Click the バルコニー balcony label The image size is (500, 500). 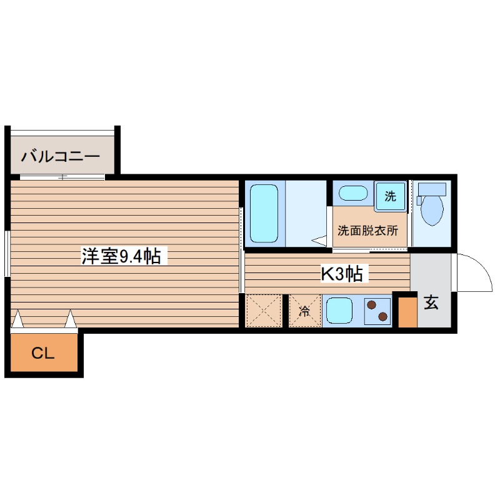coord(60,156)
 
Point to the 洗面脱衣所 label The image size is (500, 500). coord(367,230)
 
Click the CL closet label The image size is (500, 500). coord(43,354)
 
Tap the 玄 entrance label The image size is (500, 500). coord(431,303)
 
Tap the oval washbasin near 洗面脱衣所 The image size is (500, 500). coord(354,193)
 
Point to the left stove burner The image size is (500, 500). coord(372,306)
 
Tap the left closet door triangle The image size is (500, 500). coord(17,319)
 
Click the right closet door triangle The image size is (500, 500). coord(71,319)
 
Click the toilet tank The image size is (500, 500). coord(432,189)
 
